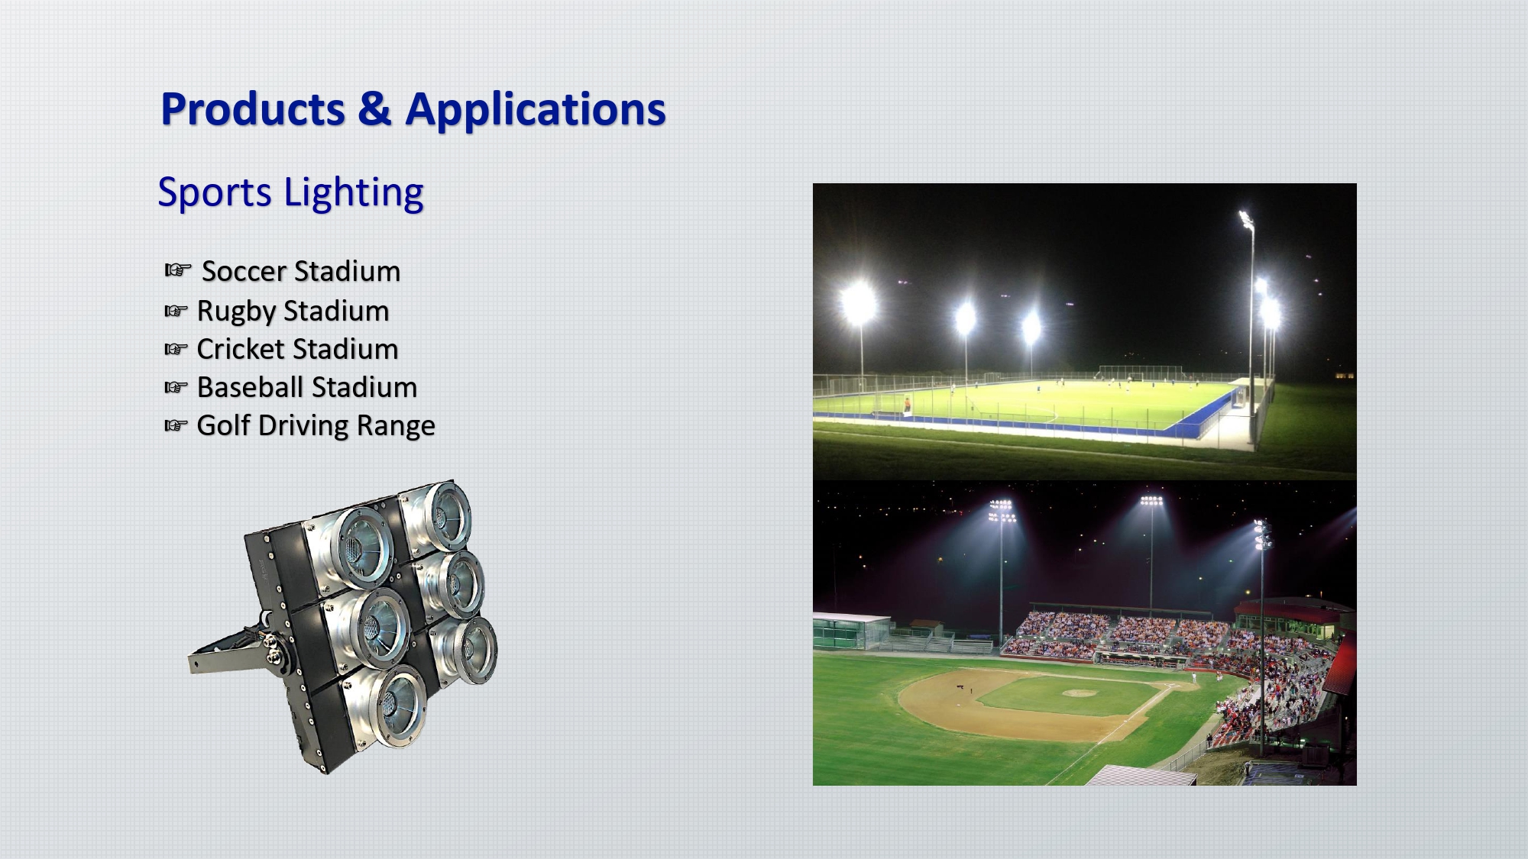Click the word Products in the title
(253, 109)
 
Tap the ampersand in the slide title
(374, 109)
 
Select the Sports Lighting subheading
(290, 192)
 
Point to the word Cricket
(241, 349)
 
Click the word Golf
(223, 425)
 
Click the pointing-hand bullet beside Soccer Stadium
(177, 270)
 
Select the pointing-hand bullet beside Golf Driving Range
(176, 425)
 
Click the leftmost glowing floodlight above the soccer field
(858, 303)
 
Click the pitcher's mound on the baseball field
(1079, 693)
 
